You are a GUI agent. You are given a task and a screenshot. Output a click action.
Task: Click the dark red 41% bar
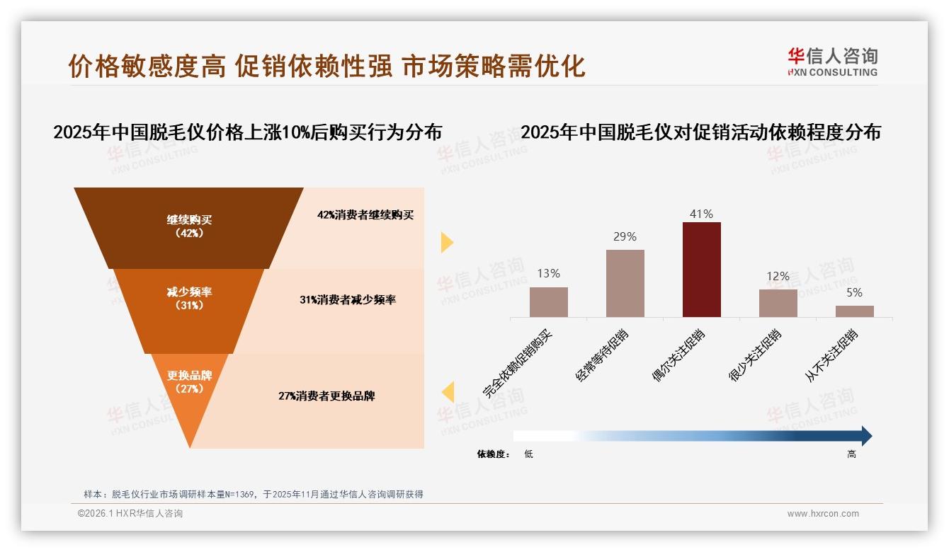(x=701, y=270)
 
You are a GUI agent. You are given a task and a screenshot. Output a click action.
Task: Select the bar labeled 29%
(x=625, y=283)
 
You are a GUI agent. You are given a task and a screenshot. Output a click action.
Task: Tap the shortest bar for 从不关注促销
(x=854, y=311)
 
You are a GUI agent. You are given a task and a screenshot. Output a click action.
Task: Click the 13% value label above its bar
(x=548, y=273)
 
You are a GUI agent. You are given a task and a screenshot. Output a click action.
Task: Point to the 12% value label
(x=778, y=276)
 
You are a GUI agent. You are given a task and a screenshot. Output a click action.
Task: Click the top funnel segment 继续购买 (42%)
(x=189, y=226)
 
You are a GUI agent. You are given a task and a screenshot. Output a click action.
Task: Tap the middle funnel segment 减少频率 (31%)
(x=189, y=298)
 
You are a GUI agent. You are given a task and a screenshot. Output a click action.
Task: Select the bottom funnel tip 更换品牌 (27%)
(x=189, y=382)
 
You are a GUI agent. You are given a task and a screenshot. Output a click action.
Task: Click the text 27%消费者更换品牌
(x=326, y=396)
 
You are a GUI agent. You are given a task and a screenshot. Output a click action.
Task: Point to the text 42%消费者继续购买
(x=365, y=215)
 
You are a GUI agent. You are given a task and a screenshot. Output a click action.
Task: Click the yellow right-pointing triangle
(x=446, y=242)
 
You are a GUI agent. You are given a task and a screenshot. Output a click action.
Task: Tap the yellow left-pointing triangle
(x=448, y=391)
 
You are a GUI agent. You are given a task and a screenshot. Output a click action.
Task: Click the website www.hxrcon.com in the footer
(x=823, y=514)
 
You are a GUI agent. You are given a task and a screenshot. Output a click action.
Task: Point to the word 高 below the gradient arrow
(x=851, y=454)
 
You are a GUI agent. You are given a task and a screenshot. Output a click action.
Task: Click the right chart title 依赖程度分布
(x=701, y=132)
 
